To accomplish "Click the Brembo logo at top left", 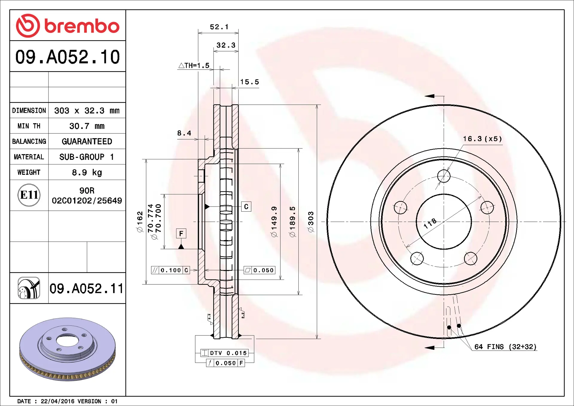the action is point(68,26).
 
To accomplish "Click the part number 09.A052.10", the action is point(68,57).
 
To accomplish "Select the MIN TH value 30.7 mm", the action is point(87,126).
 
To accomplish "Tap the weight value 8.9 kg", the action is point(87,173).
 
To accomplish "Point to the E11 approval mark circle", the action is point(29,195).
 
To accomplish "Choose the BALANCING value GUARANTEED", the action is point(87,141).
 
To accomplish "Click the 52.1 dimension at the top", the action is point(219,27).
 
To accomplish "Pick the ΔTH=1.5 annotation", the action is point(194,65).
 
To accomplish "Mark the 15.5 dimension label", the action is point(250,82).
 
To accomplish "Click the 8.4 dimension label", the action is point(184,133).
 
